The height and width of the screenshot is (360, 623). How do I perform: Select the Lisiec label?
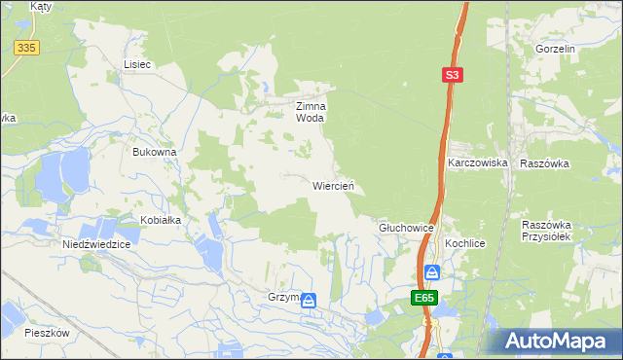point(137,64)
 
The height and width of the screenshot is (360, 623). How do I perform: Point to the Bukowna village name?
point(155,153)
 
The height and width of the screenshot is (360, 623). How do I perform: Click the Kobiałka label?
point(161,220)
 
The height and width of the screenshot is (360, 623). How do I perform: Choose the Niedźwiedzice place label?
point(96,244)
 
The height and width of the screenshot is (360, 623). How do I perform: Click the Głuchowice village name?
point(406,227)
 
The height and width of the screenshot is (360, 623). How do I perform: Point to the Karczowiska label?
point(478,163)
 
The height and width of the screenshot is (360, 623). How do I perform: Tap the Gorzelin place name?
point(556,48)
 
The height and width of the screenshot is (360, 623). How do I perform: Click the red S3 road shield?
point(451,74)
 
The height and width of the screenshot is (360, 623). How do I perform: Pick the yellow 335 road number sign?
point(26,48)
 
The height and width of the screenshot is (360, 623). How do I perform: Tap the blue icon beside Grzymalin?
point(309,301)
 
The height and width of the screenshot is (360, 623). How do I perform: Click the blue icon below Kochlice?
point(433,272)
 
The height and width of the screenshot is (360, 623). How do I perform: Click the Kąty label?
point(40,6)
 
